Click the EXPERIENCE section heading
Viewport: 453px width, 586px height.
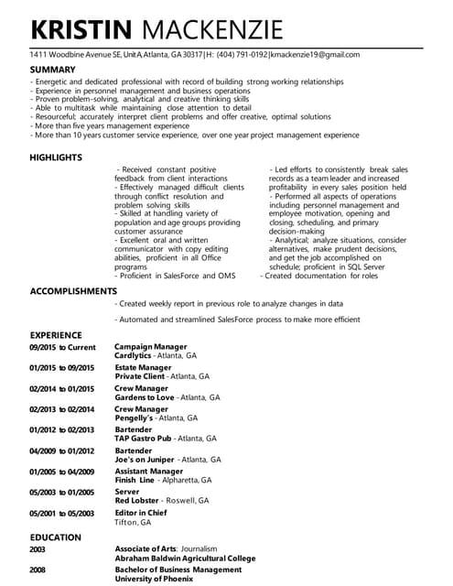coord(56,335)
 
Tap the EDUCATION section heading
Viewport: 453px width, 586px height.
coord(55,537)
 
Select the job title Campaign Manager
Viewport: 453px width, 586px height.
coord(150,347)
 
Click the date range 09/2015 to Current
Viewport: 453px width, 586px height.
coord(62,347)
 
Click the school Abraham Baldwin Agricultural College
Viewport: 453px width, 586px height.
coord(185,558)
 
